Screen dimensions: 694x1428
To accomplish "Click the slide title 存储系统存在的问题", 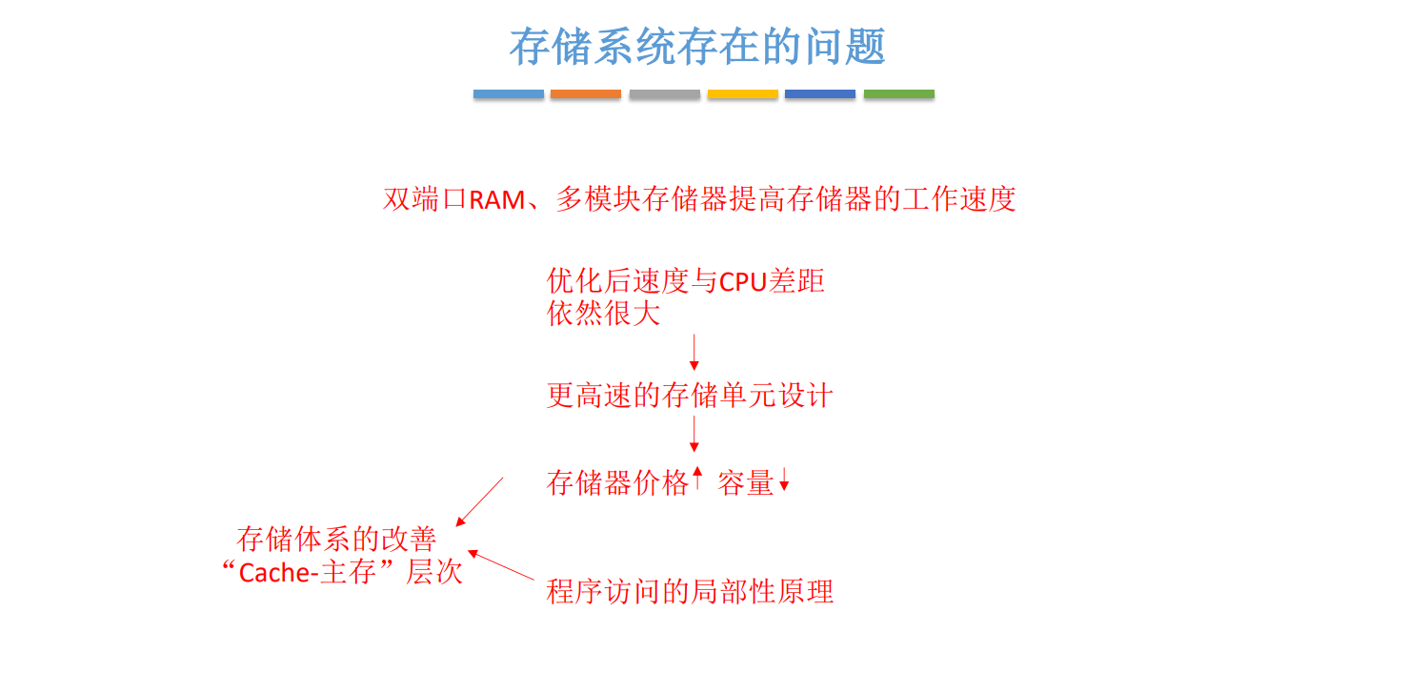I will [697, 47].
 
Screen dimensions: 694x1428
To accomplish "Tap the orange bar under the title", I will [586, 94].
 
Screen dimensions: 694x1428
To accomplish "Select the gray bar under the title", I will [664, 94].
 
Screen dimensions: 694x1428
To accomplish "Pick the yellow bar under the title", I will [742, 94].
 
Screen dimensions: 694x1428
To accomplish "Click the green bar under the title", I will [898, 94].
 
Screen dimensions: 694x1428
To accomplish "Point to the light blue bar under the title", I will [509, 94].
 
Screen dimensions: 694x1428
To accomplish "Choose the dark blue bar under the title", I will [820, 94].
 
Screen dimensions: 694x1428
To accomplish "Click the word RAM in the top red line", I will [497, 200].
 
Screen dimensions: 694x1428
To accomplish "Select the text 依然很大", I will [603, 314].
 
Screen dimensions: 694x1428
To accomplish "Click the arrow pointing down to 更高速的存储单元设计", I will [694, 352].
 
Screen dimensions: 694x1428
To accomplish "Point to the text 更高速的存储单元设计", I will [690, 396].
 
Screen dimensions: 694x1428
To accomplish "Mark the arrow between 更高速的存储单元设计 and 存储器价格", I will [694, 434].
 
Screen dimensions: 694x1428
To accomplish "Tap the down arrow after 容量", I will [784, 480].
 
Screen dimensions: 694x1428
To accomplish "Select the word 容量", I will [745, 482].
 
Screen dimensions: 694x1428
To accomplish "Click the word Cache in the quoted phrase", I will [271, 573].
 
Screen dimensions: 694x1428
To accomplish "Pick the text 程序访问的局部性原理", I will [690, 592].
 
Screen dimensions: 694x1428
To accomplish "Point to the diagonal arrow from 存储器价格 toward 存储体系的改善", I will [479, 501].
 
